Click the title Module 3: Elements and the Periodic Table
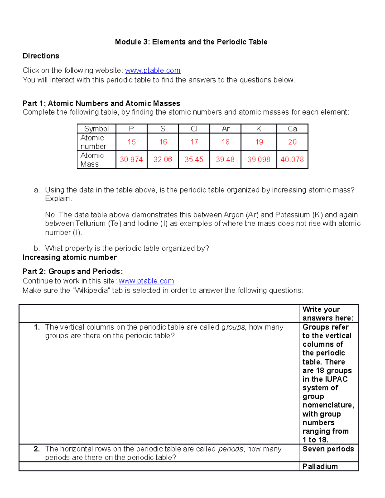(191, 42)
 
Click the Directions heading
(41, 56)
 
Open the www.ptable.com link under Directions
(153, 71)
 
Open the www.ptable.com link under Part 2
(146, 281)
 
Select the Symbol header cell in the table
(96, 129)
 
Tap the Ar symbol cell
(226, 129)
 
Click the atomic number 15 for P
(132, 142)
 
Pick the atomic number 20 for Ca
(292, 142)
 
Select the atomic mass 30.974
(131, 160)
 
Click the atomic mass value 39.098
(259, 160)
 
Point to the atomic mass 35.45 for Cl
(194, 160)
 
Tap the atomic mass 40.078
(292, 160)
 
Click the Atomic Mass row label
(92, 160)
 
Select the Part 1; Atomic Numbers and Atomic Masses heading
(101, 104)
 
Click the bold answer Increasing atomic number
(70, 257)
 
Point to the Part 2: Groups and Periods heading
(73, 272)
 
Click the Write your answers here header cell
(328, 314)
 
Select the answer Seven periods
(328, 449)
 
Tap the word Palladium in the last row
(320, 467)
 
